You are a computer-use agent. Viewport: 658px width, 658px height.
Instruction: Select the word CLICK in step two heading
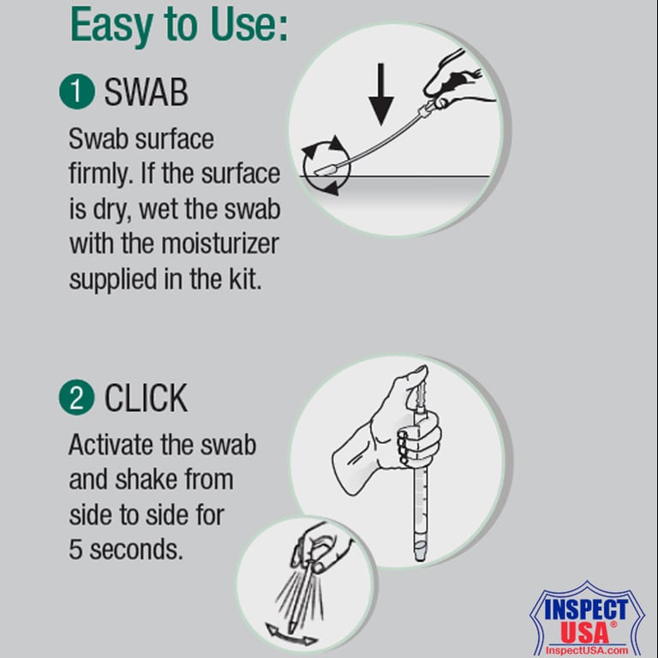pos(146,398)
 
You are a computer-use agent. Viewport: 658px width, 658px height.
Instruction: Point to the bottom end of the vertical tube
pos(420,555)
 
